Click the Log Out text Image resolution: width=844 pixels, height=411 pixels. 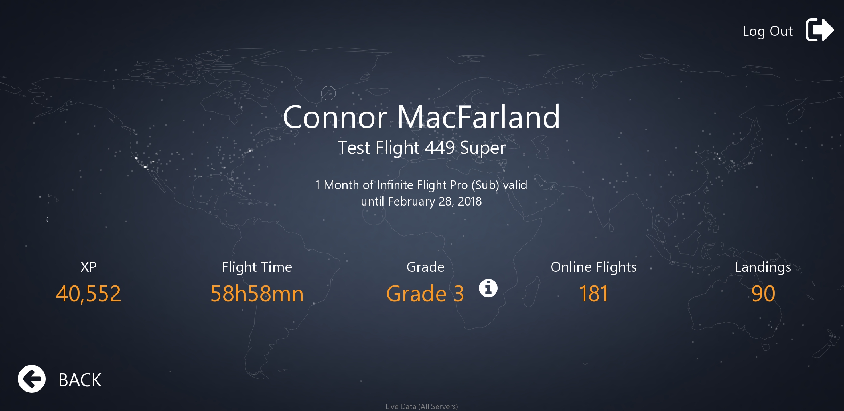coord(767,31)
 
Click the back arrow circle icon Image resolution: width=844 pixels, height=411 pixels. coord(32,379)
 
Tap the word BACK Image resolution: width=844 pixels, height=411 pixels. coord(80,380)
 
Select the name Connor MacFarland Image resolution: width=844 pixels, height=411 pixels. coord(422,117)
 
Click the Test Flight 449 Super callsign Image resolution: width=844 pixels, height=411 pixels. coord(422,148)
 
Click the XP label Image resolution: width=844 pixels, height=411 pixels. coord(88,267)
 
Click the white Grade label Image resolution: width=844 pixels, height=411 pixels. coord(425,267)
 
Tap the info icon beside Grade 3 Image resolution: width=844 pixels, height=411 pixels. coord(488,288)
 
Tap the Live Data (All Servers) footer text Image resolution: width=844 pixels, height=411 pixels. coord(422,406)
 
